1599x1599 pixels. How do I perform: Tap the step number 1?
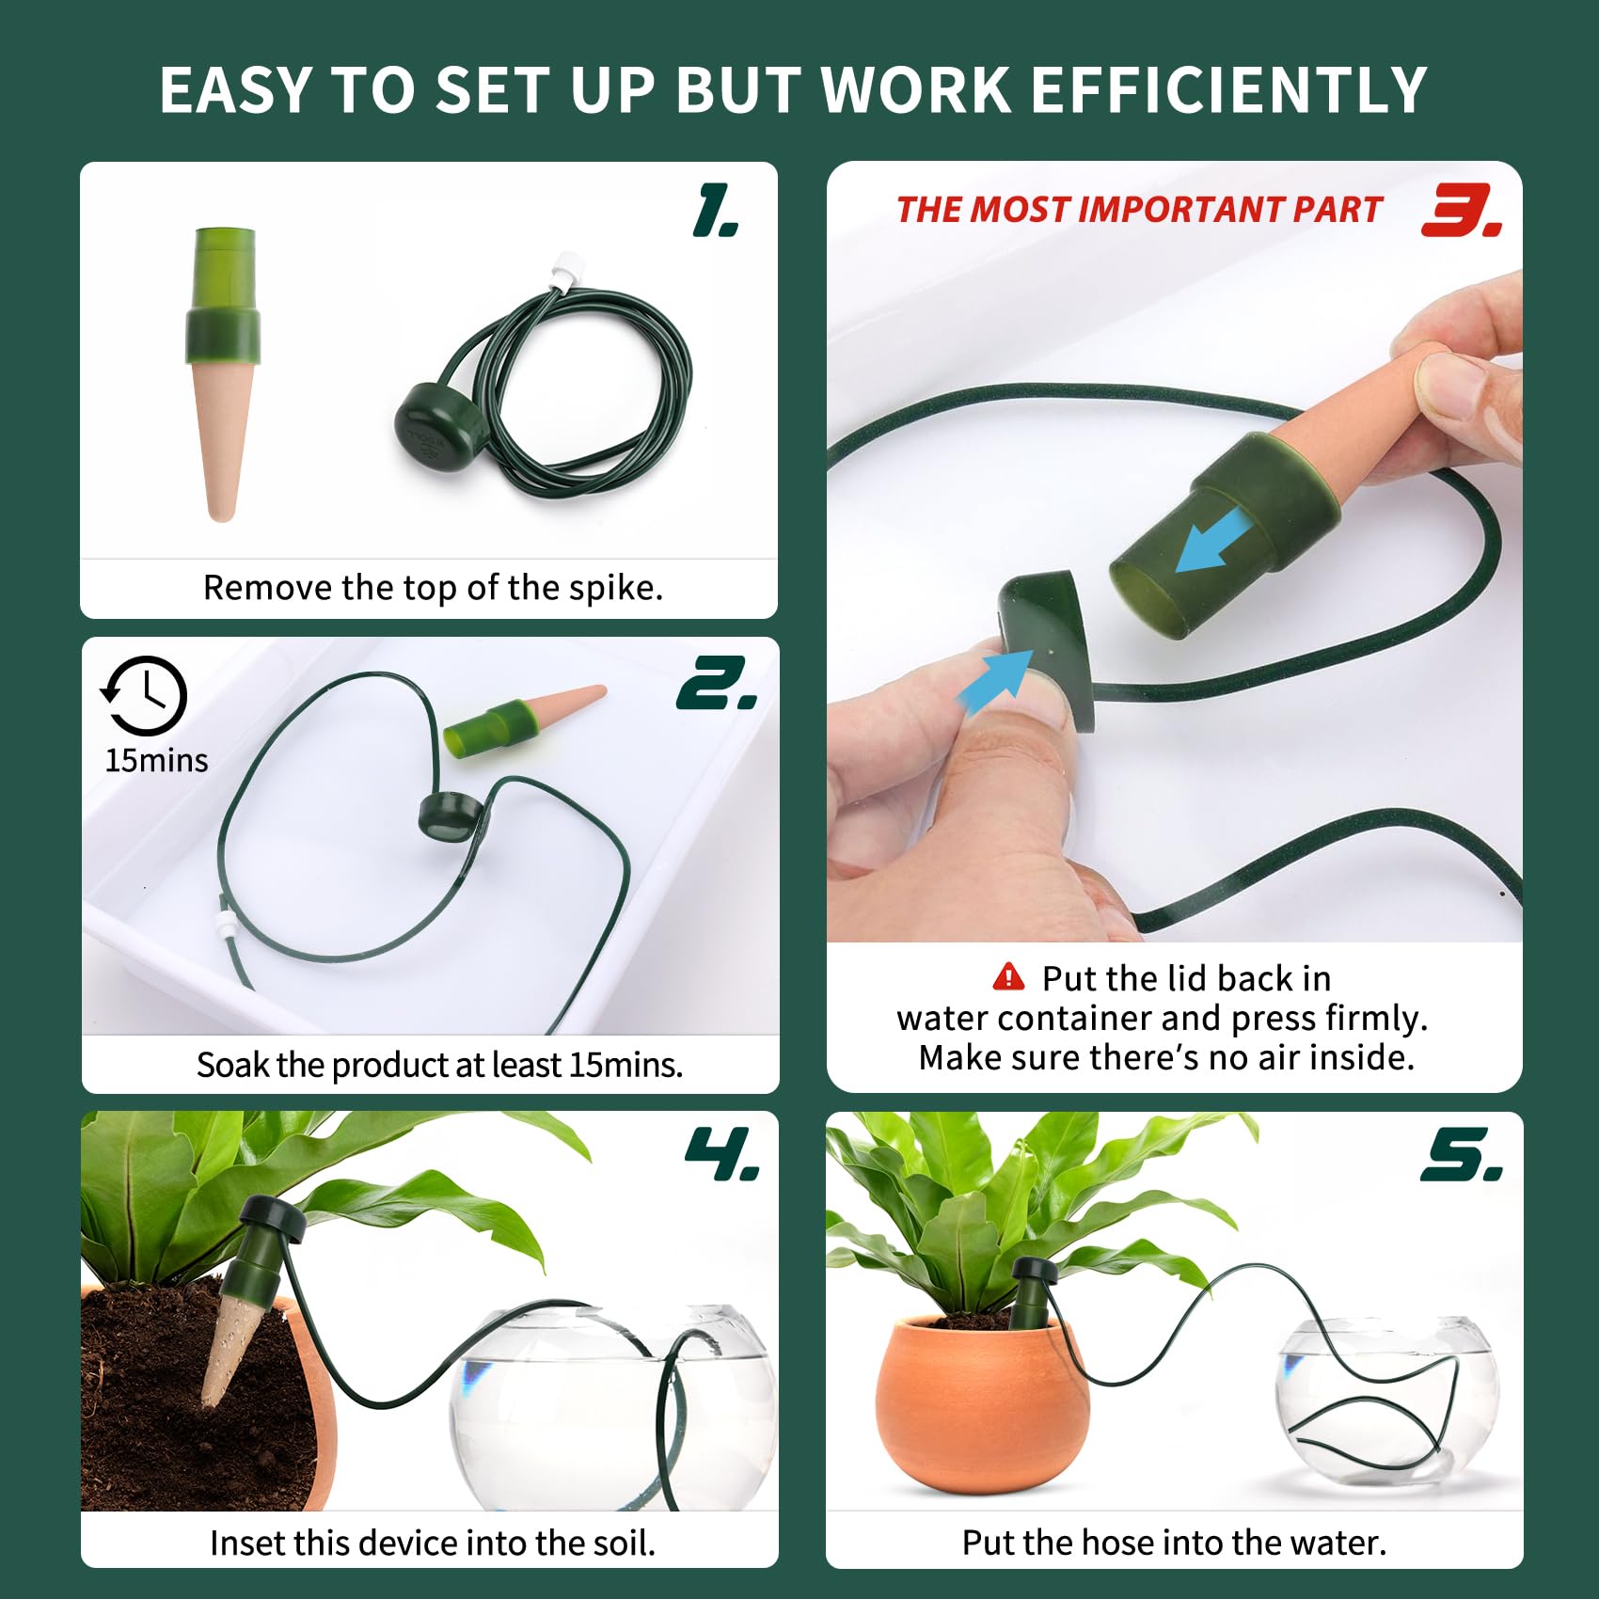pyautogui.click(x=715, y=210)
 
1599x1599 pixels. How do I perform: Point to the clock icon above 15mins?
pyautogui.click(x=144, y=695)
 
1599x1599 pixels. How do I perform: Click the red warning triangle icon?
pyautogui.click(x=1008, y=976)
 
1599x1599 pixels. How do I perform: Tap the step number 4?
pyautogui.click(x=721, y=1154)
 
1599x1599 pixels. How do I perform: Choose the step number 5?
pyautogui.click(x=1462, y=1154)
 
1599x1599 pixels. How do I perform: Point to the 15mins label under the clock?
pyautogui.click(x=156, y=760)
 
